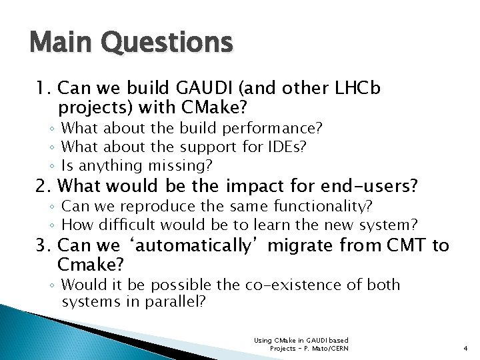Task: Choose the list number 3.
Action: pyautogui.click(x=43, y=246)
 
